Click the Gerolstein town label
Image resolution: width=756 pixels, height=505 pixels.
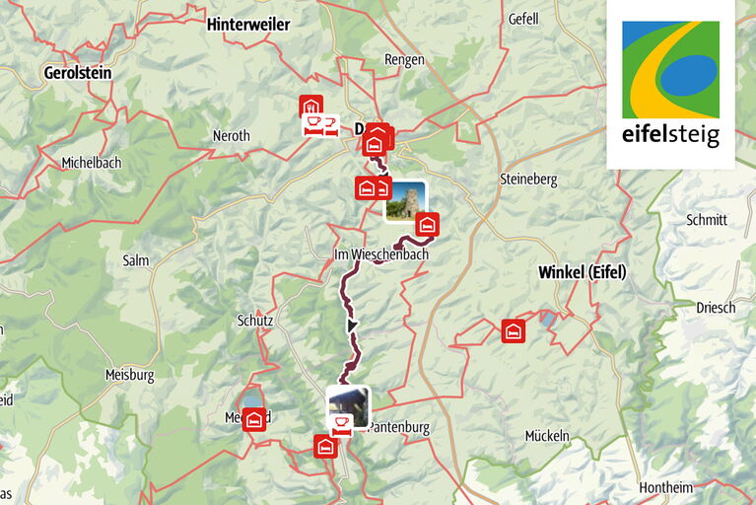point(78,73)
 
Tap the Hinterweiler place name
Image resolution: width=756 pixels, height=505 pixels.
point(248,25)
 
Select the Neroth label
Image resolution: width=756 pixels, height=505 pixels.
point(232,136)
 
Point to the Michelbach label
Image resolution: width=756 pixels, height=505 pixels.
point(90,162)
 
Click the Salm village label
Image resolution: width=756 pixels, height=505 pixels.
point(135,260)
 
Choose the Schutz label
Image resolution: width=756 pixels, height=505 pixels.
point(254,321)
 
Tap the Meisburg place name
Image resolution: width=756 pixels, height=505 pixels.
point(130,375)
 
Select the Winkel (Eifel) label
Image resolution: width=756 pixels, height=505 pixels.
point(583,272)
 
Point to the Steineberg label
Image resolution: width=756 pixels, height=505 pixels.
point(529,180)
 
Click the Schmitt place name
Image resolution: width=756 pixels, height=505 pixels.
point(708,220)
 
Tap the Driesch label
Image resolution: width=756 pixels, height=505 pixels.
point(716,308)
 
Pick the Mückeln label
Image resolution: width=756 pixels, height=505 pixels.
point(547,435)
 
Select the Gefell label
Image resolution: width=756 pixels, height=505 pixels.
point(523,19)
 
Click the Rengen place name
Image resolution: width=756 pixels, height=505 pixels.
point(404,60)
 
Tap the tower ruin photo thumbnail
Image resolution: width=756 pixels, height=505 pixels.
point(405,200)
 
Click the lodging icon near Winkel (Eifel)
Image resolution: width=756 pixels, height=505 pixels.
point(513,330)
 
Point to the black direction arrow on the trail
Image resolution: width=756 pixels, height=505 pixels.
point(351,325)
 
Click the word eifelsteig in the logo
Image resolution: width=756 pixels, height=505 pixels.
point(670,135)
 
